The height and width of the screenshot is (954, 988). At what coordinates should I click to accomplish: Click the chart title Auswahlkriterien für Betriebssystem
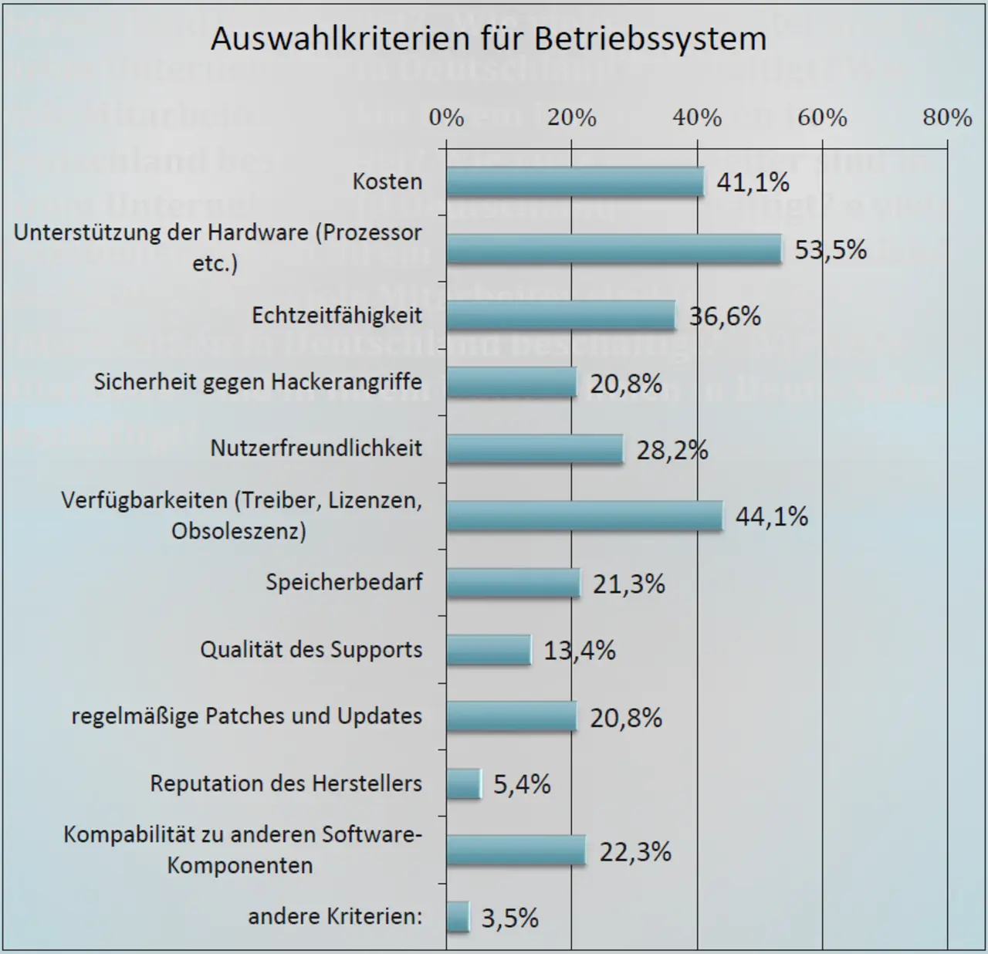pos(489,39)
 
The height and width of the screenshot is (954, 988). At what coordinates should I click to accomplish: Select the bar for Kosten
pos(574,182)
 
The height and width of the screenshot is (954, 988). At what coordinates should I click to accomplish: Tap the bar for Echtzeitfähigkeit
pos(560,316)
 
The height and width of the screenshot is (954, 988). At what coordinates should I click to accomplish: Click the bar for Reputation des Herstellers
pos(463,784)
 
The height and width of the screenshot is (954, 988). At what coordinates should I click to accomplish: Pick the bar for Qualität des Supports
pos(488,650)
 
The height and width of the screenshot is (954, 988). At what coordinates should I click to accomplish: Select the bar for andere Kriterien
pos(458,917)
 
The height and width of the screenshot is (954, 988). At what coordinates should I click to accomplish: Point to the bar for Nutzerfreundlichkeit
pos(534,449)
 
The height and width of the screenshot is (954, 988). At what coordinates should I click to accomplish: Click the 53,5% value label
pos(831,249)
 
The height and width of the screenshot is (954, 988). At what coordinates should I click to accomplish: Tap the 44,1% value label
pos(771,516)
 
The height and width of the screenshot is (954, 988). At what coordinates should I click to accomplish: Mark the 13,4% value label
pos(580,651)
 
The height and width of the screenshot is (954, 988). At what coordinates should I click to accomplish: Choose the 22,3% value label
pos(635,851)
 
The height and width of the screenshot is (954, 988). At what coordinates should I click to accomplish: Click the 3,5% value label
pos(509,918)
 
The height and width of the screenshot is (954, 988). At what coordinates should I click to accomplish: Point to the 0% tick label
pos(446,117)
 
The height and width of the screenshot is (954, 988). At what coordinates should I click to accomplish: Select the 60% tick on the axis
pos(822,117)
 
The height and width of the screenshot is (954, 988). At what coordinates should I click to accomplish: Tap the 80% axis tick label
pos(947,117)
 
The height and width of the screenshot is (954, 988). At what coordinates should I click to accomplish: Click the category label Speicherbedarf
pos(344,582)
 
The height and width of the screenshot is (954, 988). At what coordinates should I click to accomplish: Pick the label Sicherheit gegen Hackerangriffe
pos(258,381)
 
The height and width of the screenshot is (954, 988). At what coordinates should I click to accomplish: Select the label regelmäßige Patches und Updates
pos(247,716)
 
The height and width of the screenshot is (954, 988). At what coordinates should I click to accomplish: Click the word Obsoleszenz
pos(239,531)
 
